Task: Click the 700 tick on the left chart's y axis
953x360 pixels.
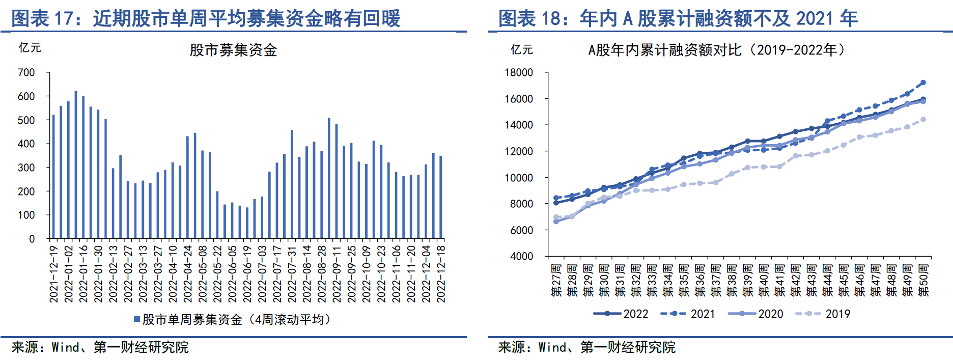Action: (26, 73)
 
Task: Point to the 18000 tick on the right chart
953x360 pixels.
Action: (519, 73)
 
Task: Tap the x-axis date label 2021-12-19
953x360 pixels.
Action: (54, 274)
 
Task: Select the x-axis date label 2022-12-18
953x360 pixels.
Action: (441, 274)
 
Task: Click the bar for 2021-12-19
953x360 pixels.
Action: (53, 177)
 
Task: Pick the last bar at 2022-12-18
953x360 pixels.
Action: (441, 197)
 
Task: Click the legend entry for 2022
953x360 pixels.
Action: (621, 314)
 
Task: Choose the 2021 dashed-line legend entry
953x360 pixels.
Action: (688, 314)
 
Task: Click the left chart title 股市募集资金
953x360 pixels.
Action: (233, 50)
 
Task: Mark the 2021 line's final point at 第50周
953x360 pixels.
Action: (923, 82)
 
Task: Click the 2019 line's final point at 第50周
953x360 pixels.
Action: (923, 120)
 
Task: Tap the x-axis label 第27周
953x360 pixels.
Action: (556, 280)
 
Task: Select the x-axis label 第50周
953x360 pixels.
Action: (923, 280)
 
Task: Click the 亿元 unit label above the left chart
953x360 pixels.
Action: (30, 48)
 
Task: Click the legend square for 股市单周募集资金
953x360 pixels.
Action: (137, 319)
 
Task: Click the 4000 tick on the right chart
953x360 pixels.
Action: (521, 256)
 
